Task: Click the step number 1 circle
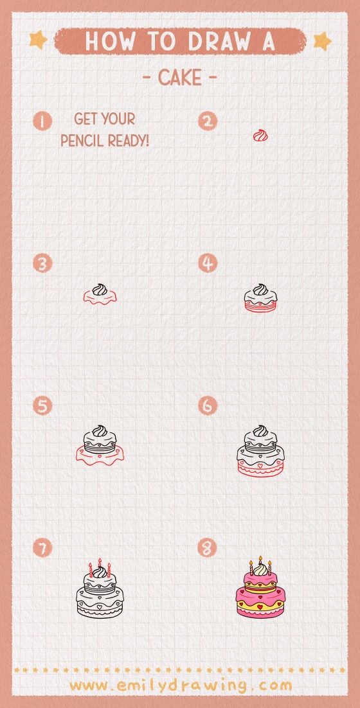(42, 121)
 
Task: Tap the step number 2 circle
(208, 121)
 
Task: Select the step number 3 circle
(42, 263)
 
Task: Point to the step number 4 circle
(208, 263)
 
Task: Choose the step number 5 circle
(42, 406)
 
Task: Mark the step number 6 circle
(208, 406)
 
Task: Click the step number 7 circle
(42, 548)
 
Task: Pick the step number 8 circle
(208, 548)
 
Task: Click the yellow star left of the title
(39, 40)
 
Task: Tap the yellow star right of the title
(322, 41)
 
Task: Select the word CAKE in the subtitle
(179, 78)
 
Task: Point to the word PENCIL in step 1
(83, 140)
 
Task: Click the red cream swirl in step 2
(260, 136)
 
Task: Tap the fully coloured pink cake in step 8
(260, 590)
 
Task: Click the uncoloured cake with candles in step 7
(99, 592)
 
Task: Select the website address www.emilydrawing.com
(181, 685)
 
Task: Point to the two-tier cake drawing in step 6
(260, 452)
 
